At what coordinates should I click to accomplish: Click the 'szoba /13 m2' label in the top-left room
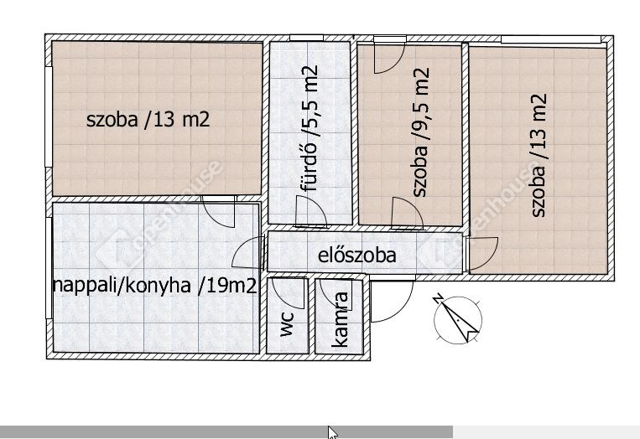pos(148,120)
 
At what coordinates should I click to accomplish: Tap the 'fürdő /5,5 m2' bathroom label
pos(309,128)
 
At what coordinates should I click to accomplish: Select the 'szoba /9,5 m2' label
pos(421,132)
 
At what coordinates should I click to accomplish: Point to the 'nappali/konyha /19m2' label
pos(155,286)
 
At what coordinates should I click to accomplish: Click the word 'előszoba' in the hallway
pos(356,256)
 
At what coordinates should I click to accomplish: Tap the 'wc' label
pos(287,323)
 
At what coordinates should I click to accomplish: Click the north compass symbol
pos(458,320)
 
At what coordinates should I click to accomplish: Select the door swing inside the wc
pos(289,294)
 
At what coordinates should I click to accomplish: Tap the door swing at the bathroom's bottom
pos(311,212)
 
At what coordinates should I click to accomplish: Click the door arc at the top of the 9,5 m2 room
pos(390,57)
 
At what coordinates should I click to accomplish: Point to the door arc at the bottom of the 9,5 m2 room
pos(407,213)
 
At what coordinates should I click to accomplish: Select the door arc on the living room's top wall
pos(220,214)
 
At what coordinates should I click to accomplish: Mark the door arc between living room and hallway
pos(247,252)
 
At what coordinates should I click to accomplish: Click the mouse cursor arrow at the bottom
pos(333,432)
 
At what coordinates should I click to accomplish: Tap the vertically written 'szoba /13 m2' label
pos(539,155)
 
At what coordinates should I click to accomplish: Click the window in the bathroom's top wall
pos(307,38)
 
